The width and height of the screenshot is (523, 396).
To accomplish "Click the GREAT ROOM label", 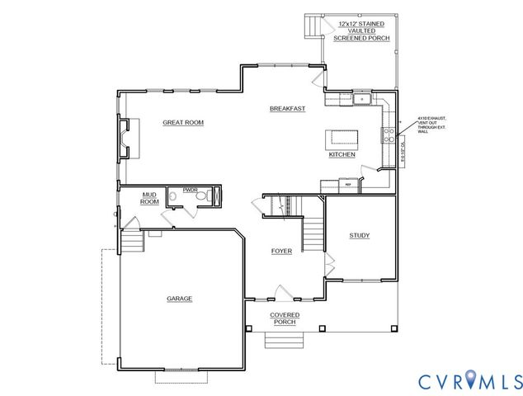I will tap(182, 122).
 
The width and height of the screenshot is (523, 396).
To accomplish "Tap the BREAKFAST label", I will tap(288, 109).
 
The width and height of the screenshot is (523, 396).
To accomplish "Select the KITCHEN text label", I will tap(342, 154).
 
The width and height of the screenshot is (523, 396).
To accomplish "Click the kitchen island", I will tap(342, 137).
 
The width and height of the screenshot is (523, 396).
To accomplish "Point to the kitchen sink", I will tap(361, 100).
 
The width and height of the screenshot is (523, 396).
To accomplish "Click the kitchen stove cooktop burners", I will tap(387, 134).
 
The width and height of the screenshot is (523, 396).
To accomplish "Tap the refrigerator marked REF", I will tap(348, 182).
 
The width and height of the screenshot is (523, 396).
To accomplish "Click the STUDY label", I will tap(359, 235).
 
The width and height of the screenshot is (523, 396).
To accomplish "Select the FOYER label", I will tap(282, 250).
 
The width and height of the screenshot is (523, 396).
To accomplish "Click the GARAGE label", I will tap(179, 299).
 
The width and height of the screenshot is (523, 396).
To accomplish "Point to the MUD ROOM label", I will tap(149, 198).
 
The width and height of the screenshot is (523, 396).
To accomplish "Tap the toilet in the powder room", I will tap(216, 196).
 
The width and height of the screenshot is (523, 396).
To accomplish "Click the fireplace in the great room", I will tap(124, 138).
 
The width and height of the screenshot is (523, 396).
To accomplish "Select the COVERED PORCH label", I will tap(285, 318).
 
